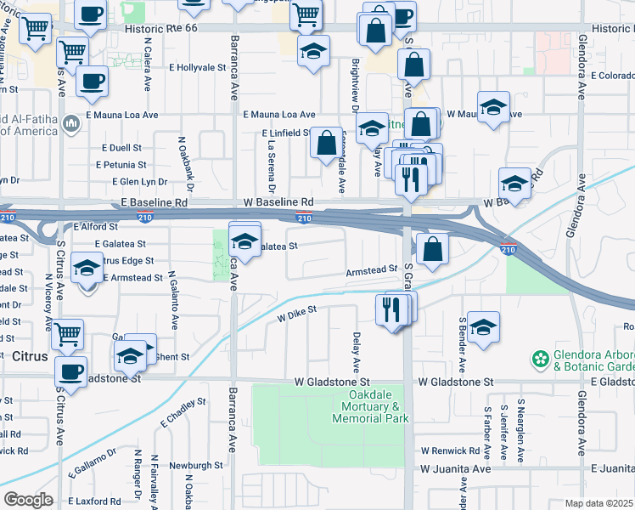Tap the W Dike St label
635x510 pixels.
(x=297, y=314)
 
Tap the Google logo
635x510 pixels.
(x=28, y=500)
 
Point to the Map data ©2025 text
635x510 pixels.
(x=599, y=503)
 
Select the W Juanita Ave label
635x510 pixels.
(x=455, y=468)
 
